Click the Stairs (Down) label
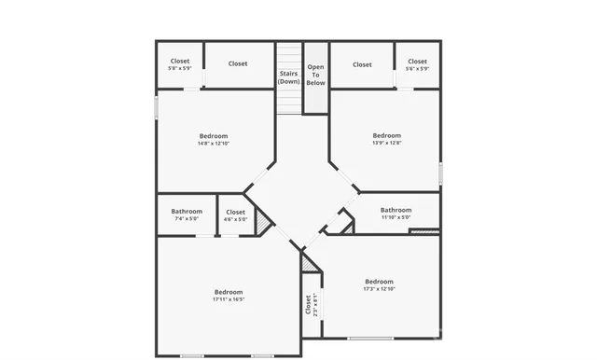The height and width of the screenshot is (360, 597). coord(289,76)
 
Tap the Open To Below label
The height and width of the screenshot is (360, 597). coord(316,75)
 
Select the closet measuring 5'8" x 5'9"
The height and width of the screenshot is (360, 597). coord(179,65)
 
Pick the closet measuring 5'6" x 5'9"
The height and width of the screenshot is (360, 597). coord(417,65)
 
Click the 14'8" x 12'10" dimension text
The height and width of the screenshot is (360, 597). coord(213,144)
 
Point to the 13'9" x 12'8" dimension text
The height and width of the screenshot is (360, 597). coord(386,143)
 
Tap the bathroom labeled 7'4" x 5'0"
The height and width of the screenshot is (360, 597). coord(187,219)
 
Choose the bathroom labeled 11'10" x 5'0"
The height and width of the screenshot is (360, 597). coord(396,217)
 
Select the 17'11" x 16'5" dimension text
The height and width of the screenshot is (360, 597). coord(228,299)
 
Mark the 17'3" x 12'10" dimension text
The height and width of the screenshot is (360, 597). coord(379,289)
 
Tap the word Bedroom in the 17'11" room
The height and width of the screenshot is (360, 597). coord(228,292)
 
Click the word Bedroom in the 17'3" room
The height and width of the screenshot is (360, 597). coord(379,282)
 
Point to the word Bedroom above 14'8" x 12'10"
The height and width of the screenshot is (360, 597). coord(213,136)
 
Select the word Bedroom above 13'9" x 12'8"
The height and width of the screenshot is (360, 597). coord(386,135)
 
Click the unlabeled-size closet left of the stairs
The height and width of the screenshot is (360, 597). coord(238,64)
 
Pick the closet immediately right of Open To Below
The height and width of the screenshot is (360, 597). coord(362,64)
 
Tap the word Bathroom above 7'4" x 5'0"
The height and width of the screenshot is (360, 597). coord(187,212)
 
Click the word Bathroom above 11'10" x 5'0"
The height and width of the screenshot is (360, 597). coord(396,210)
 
